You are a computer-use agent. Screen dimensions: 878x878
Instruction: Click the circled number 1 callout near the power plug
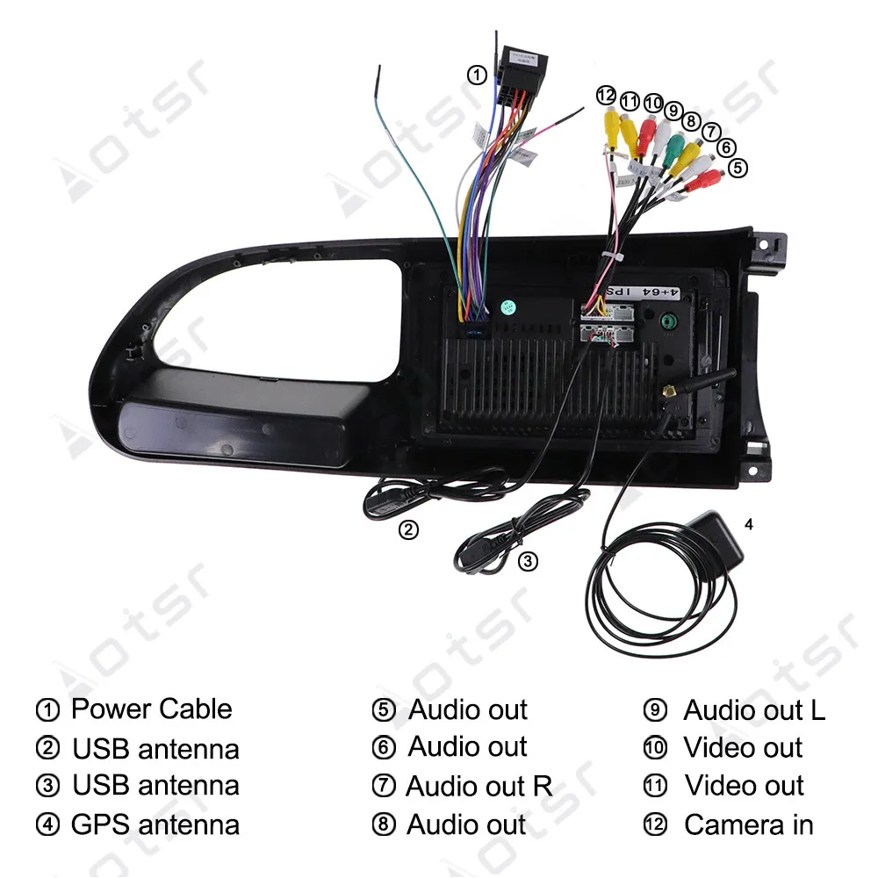tap(476, 76)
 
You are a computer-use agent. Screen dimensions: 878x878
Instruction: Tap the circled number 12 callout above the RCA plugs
tap(606, 95)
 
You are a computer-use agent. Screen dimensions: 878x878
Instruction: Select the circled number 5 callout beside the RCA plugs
tap(738, 166)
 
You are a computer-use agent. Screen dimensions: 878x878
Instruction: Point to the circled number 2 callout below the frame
tap(408, 529)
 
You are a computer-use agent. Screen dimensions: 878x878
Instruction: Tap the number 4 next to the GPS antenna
tap(748, 526)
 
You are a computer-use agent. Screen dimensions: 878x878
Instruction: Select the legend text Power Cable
tap(151, 709)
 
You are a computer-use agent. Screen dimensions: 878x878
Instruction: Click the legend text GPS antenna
tap(155, 824)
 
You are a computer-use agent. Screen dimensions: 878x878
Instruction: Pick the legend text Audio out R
tap(479, 787)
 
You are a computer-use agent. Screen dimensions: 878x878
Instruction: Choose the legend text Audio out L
tap(754, 709)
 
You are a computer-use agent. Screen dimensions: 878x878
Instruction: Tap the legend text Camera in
tap(748, 825)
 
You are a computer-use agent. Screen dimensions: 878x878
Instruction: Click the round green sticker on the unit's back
tap(507, 308)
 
